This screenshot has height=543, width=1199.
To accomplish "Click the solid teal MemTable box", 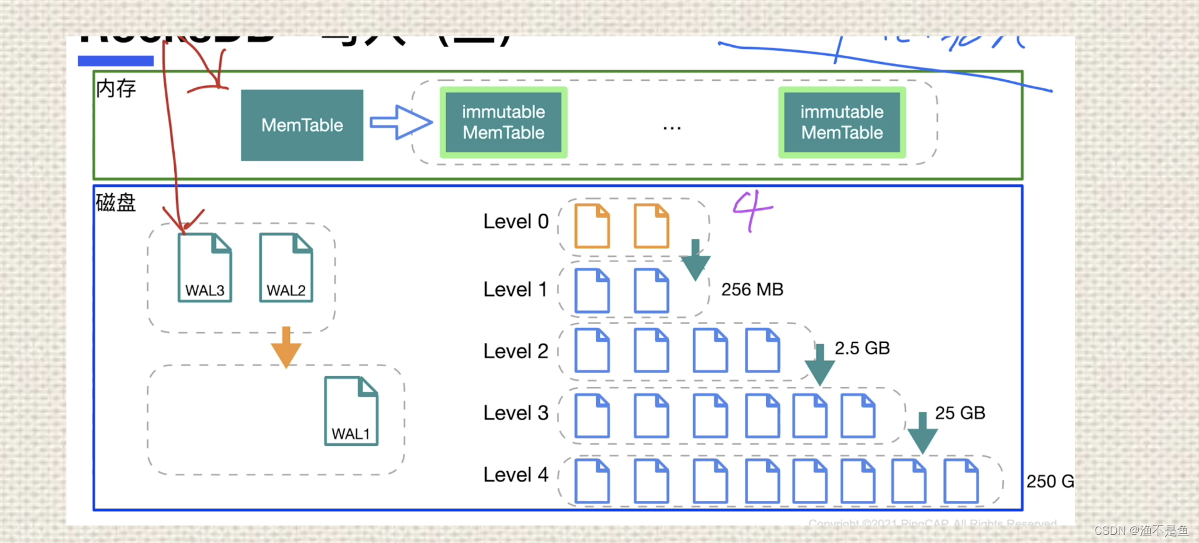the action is (x=302, y=125).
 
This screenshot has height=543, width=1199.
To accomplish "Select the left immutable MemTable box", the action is (x=504, y=122).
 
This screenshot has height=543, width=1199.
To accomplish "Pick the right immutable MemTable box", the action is (x=842, y=122).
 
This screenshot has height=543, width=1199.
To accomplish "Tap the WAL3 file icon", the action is (x=205, y=268).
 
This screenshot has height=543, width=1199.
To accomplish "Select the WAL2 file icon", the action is (x=286, y=268).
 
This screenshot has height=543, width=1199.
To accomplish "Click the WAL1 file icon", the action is (x=351, y=411).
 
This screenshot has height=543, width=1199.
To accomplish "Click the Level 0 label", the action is (x=516, y=221).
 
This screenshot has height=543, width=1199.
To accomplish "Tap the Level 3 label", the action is (x=516, y=413).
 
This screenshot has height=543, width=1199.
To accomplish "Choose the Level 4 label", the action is (x=516, y=475).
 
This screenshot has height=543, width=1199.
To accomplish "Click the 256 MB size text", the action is (x=752, y=290).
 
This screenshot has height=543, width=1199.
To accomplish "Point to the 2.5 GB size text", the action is (x=862, y=348).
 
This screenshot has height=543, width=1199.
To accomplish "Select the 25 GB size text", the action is (x=960, y=413).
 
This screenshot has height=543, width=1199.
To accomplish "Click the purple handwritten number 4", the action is (x=752, y=211).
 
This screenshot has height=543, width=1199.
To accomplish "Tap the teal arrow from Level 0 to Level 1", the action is (x=695, y=260).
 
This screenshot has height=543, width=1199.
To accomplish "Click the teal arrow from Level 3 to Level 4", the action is (x=922, y=433).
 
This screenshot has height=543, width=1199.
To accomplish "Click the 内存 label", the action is (x=116, y=88).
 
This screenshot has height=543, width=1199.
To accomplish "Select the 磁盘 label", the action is (x=116, y=203).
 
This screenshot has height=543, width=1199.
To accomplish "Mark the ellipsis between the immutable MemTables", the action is (x=672, y=128).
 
